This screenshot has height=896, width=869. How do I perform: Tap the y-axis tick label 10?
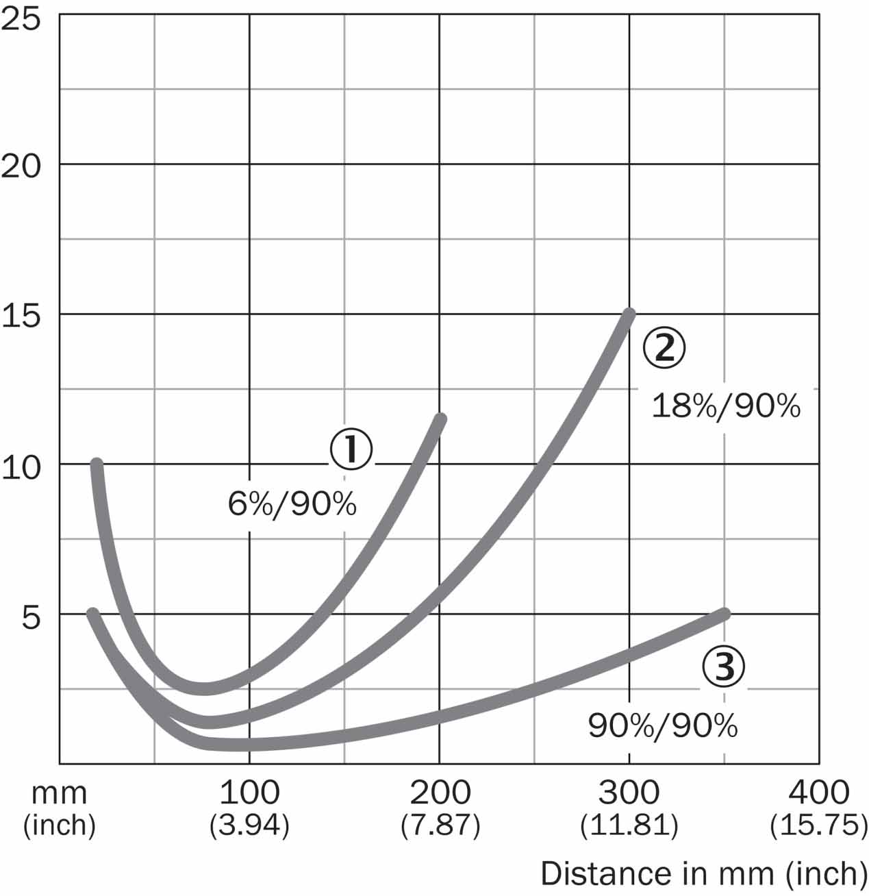tap(22, 467)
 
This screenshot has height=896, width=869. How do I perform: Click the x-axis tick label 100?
tap(249, 793)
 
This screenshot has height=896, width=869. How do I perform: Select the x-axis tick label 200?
tap(440, 793)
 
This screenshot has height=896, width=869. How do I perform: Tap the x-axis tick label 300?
tap(629, 793)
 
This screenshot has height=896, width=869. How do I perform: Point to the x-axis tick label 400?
tap(819, 793)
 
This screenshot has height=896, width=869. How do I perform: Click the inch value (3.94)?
tap(249, 825)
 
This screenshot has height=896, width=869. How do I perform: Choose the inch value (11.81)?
tap(629, 825)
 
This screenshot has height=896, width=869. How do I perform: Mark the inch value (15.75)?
tap(819, 825)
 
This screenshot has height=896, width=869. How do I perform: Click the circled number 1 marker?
tap(351, 450)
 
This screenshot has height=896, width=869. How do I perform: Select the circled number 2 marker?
tap(664, 348)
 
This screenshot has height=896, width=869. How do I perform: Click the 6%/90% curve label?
tap(292, 506)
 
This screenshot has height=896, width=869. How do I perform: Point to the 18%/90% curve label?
tap(726, 406)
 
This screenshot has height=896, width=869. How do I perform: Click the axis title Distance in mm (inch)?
tap(699, 873)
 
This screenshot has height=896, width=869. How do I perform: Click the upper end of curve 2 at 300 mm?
tap(629, 314)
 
